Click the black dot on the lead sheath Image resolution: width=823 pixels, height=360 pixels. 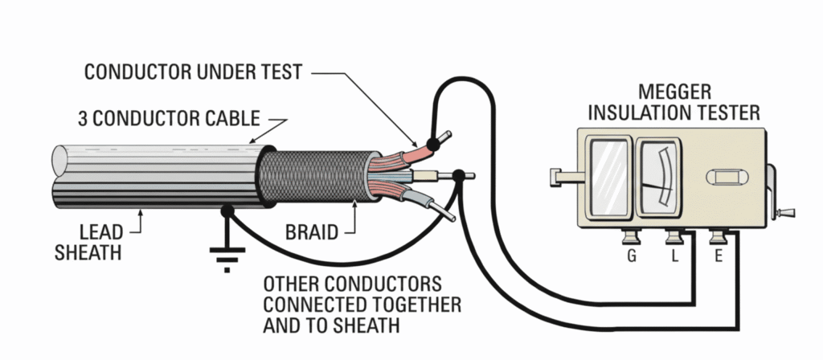tap(227, 211)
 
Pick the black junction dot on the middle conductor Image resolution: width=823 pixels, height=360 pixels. tap(458, 174)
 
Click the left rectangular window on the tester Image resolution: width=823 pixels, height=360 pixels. tap(608, 176)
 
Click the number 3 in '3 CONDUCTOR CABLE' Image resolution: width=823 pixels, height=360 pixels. tap(84, 120)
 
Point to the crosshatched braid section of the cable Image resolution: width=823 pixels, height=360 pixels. tap(317, 176)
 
